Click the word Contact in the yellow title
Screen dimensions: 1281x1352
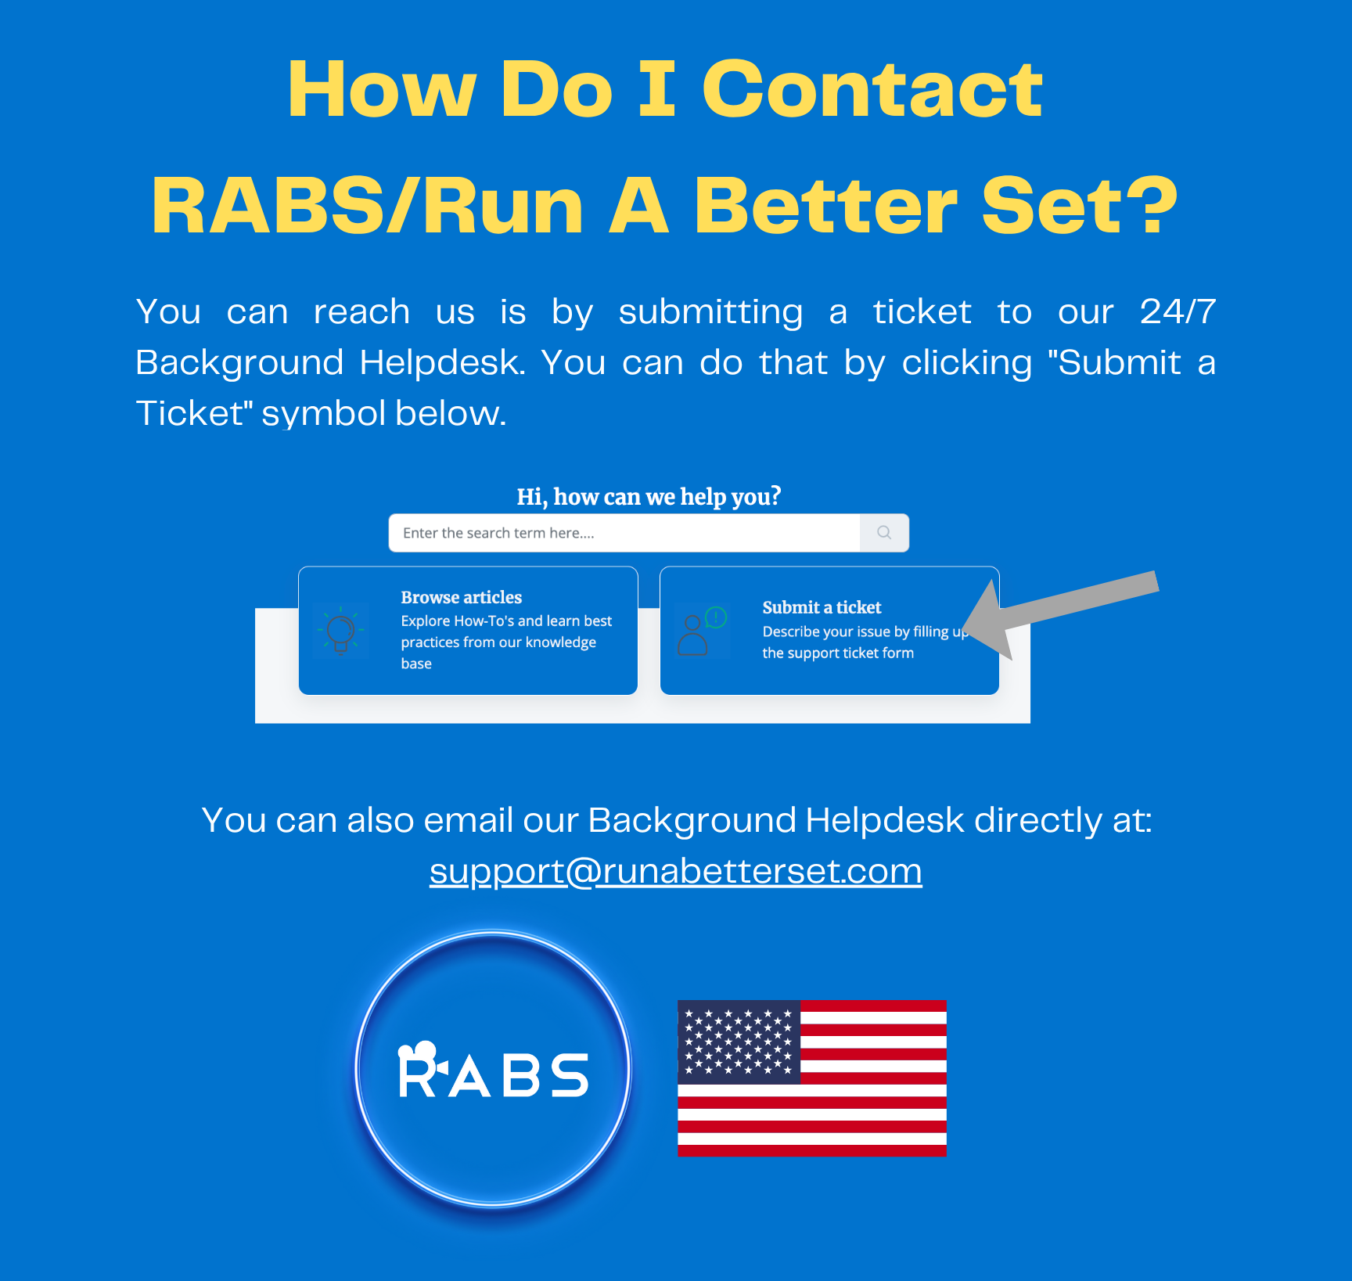pos(872,90)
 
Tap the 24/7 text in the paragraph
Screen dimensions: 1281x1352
pos(1178,311)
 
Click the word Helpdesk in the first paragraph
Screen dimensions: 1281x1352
pos(442,362)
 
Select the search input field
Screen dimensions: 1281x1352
pos(624,533)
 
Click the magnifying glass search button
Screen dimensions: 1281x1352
pos(884,533)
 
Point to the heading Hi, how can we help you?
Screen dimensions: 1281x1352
pos(649,496)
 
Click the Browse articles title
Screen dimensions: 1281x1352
pos(462,597)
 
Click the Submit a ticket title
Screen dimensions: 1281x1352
pos(822,607)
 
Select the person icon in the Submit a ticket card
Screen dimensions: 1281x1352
pos(693,635)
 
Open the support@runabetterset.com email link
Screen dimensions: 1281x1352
pos(676,871)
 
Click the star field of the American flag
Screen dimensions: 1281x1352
pos(739,1041)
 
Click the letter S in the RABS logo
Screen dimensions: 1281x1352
pos(568,1075)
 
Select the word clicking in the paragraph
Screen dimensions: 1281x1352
pos(966,363)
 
